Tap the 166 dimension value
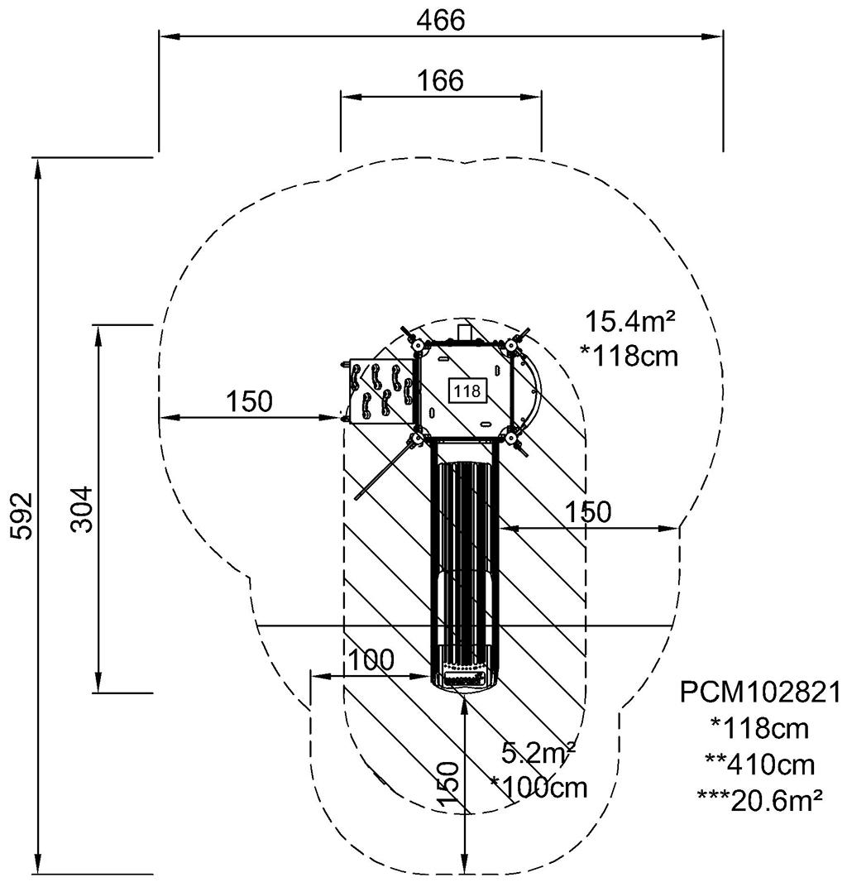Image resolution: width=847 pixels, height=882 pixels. (440, 80)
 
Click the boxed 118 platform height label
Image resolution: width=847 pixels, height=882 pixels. (468, 391)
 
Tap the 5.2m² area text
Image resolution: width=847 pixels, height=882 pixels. (538, 754)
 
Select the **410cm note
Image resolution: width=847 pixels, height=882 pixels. (759, 763)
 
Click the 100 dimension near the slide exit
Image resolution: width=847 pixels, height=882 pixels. (371, 660)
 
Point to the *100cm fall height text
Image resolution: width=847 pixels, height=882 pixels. (538, 787)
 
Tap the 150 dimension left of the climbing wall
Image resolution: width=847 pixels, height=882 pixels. (249, 401)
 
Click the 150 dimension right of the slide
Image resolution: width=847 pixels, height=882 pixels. (588, 512)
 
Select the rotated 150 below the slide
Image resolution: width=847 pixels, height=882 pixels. (447, 784)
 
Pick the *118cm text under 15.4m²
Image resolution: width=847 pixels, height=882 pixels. (629, 356)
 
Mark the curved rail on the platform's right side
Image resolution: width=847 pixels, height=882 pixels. (537, 389)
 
